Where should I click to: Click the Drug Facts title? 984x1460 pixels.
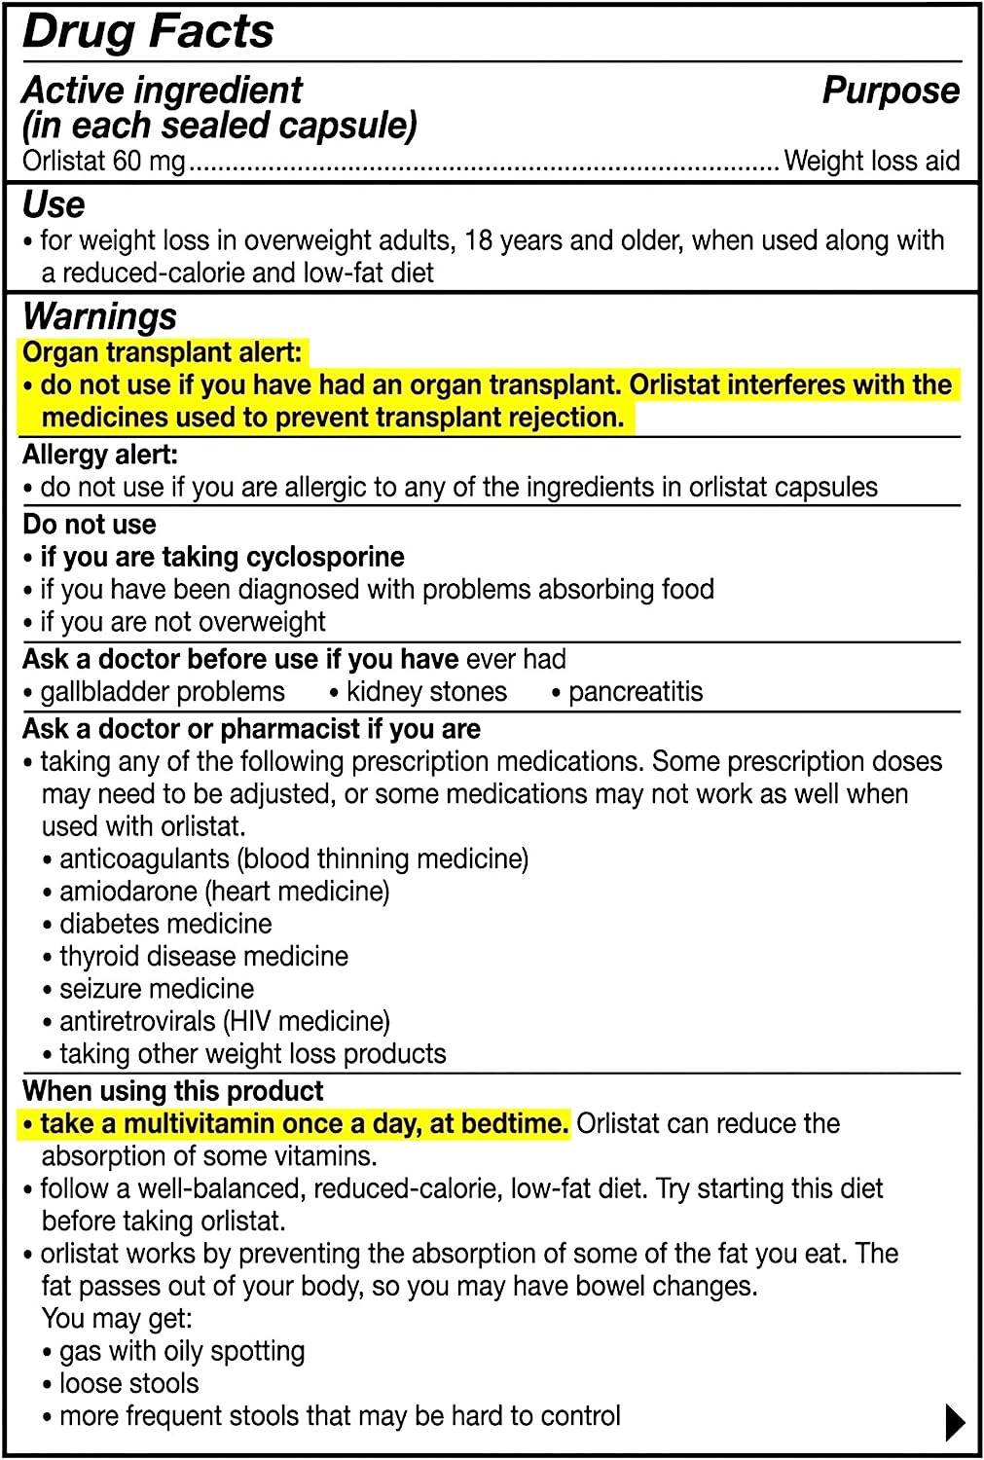pos(148,31)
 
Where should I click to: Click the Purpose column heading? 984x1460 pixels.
pos(891,91)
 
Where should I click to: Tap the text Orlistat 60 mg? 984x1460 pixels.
pos(104,161)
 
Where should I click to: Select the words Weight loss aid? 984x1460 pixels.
pos(871,161)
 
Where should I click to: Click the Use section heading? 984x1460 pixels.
pos(54,205)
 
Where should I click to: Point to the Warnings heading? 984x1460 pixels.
pos(99,316)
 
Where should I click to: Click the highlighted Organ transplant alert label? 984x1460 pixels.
pos(163,352)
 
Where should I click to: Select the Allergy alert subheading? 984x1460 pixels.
pos(100,455)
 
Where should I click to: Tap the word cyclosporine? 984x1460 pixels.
pos(325,557)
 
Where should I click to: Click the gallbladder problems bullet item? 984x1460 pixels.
pos(162,692)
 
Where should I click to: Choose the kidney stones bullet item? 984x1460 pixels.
pos(426,692)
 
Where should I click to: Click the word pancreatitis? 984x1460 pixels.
pos(635,692)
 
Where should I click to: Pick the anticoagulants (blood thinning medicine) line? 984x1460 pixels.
pos(293,858)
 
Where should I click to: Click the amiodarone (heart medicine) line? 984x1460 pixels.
pos(224,892)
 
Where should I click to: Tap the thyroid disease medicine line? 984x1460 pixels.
pos(203,956)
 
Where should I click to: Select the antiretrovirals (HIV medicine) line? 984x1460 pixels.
pos(224,1021)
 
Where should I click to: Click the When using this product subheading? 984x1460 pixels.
pos(173,1091)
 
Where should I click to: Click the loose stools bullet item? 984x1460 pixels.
pos(128,1383)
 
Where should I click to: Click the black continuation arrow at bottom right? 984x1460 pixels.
pos(955,1422)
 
